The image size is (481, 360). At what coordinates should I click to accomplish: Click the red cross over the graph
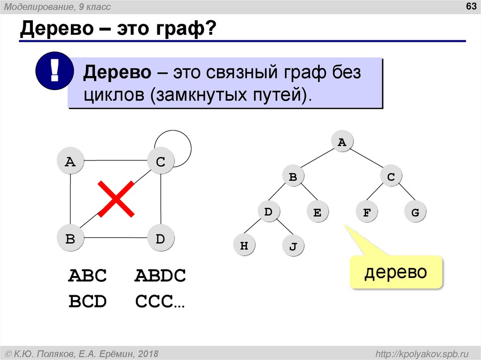(x=116, y=199)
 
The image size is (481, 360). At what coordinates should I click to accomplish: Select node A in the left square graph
(x=70, y=162)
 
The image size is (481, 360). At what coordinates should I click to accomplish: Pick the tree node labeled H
(x=244, y=245)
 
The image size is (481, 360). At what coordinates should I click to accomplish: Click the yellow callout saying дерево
(x=396, y=272)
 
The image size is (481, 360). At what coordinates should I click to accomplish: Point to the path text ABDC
(x=160, y=276)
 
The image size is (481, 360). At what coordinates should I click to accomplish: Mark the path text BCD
(x=88, y=301)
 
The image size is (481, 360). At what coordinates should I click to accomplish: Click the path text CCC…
(x=160, y=301)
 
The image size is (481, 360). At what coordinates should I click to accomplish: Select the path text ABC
(x=88, y=276)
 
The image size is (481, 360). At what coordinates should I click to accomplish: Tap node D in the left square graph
(x=161, y=239)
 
